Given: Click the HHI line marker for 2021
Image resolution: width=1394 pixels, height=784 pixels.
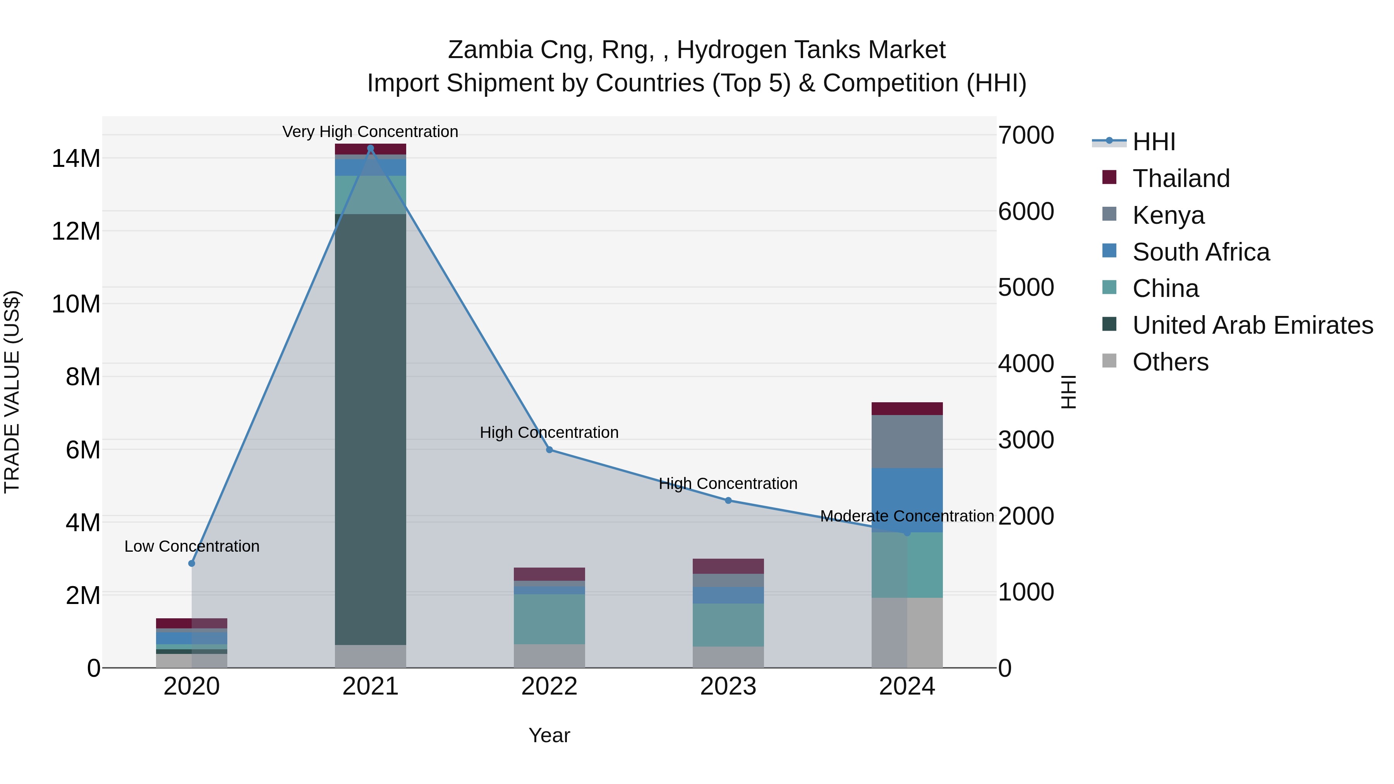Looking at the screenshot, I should (370, 148).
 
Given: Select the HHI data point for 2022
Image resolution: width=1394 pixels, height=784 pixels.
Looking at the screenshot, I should (549, 449).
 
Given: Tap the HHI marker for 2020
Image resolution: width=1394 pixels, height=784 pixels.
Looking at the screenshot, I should (192, 563).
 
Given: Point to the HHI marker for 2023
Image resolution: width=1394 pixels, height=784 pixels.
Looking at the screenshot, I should (728, 501).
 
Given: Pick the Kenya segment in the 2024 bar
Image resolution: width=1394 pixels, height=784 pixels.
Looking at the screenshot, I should (907, 441).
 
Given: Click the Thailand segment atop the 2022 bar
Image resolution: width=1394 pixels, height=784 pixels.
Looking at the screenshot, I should (549, 573).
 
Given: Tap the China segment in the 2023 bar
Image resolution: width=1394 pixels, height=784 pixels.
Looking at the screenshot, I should (728, 624).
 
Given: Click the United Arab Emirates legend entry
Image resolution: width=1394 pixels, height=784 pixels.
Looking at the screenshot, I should (1252, 325).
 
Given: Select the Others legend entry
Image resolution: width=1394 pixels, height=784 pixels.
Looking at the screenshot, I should (1170, 362).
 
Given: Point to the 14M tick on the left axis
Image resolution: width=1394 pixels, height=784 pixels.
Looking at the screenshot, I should (76, 158).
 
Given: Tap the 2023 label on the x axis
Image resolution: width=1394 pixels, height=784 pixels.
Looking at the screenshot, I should (728, 686).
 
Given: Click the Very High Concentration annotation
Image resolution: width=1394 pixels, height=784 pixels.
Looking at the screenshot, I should (370, 132).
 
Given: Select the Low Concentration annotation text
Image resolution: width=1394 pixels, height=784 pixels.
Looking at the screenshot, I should (192, 546).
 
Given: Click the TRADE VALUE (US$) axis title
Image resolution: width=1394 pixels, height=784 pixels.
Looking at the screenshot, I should (12, 392).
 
